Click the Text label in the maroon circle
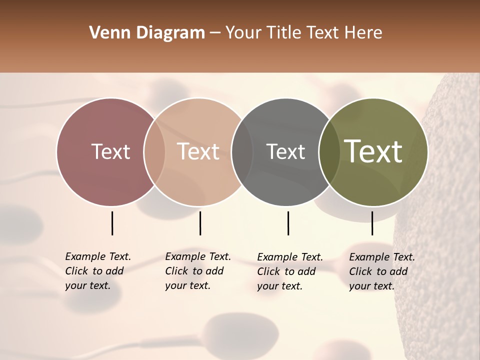110,151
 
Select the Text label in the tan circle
198,151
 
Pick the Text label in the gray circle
285,151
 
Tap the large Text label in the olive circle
373,151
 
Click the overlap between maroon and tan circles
154,152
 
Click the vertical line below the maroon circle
112,223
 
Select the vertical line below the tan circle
200,223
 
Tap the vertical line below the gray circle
288,223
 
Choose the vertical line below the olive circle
372,223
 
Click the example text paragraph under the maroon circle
97,271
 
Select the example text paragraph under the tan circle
197,271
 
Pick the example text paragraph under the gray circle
289,271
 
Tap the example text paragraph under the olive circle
381,271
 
